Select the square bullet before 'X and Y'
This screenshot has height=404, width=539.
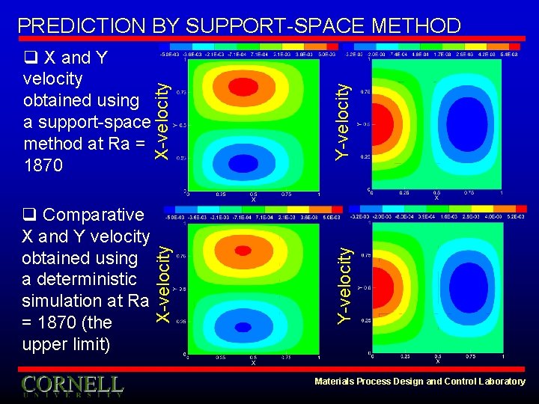pyautogui.click(x=30, y=58)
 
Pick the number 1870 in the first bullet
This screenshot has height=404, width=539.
pyautogui.click(x=44, y=165)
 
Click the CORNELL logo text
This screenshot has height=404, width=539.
pyautogui.click(x=72, y=385)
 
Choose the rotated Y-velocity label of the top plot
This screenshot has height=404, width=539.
pyautogui.click(x=342, y=120)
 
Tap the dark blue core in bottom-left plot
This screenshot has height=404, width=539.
pyautogui.click(x=244, y=326)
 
